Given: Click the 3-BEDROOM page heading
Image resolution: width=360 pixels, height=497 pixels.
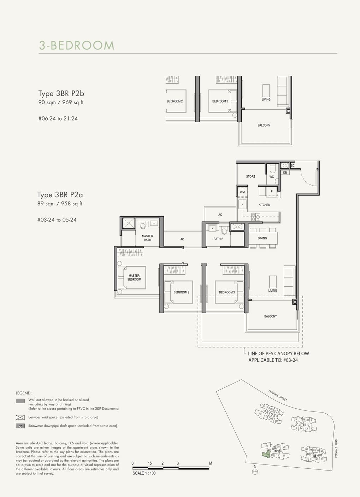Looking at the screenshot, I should (x=77, y=46).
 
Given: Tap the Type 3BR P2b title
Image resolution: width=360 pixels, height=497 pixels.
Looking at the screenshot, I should (x=61, y=94).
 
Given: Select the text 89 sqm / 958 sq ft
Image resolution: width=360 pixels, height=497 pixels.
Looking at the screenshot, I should (x=60, y=204).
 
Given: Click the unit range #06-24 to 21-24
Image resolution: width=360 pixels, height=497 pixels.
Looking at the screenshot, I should (x=58, y=118).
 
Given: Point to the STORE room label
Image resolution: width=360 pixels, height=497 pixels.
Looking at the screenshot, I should (x=250, y=176).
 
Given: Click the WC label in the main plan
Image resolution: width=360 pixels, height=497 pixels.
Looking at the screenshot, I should (x=271, y=177).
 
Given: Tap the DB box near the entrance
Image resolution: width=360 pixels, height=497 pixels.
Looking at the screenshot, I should (x=285, y=173).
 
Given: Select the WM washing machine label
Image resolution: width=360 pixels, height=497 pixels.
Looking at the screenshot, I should (x=242, y=192).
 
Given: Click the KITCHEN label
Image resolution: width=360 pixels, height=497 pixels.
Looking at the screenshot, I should (x=264, y=205).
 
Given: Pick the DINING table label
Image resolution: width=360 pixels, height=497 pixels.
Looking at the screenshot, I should (x=262, y=238).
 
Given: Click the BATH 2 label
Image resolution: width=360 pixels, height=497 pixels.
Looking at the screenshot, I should (x=218, y=239).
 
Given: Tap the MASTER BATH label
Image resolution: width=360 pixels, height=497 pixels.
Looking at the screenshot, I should (x=147, y=238).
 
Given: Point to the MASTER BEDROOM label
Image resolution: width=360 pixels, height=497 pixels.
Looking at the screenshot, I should (x=134, y=277).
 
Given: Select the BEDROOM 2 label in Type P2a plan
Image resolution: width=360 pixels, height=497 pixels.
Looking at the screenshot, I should (x=181, y=292).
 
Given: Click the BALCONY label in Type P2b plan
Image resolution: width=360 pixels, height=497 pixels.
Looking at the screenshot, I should (x=264, y=125).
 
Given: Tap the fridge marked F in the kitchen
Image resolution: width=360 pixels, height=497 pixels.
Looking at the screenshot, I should (x=271, y=191).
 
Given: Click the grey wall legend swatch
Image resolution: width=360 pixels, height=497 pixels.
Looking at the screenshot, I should (x=20, y=401).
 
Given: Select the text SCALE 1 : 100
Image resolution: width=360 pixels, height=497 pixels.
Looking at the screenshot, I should (x=144, y=473).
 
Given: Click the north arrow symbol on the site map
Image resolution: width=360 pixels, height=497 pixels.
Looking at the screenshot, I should (x=255, y=471).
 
